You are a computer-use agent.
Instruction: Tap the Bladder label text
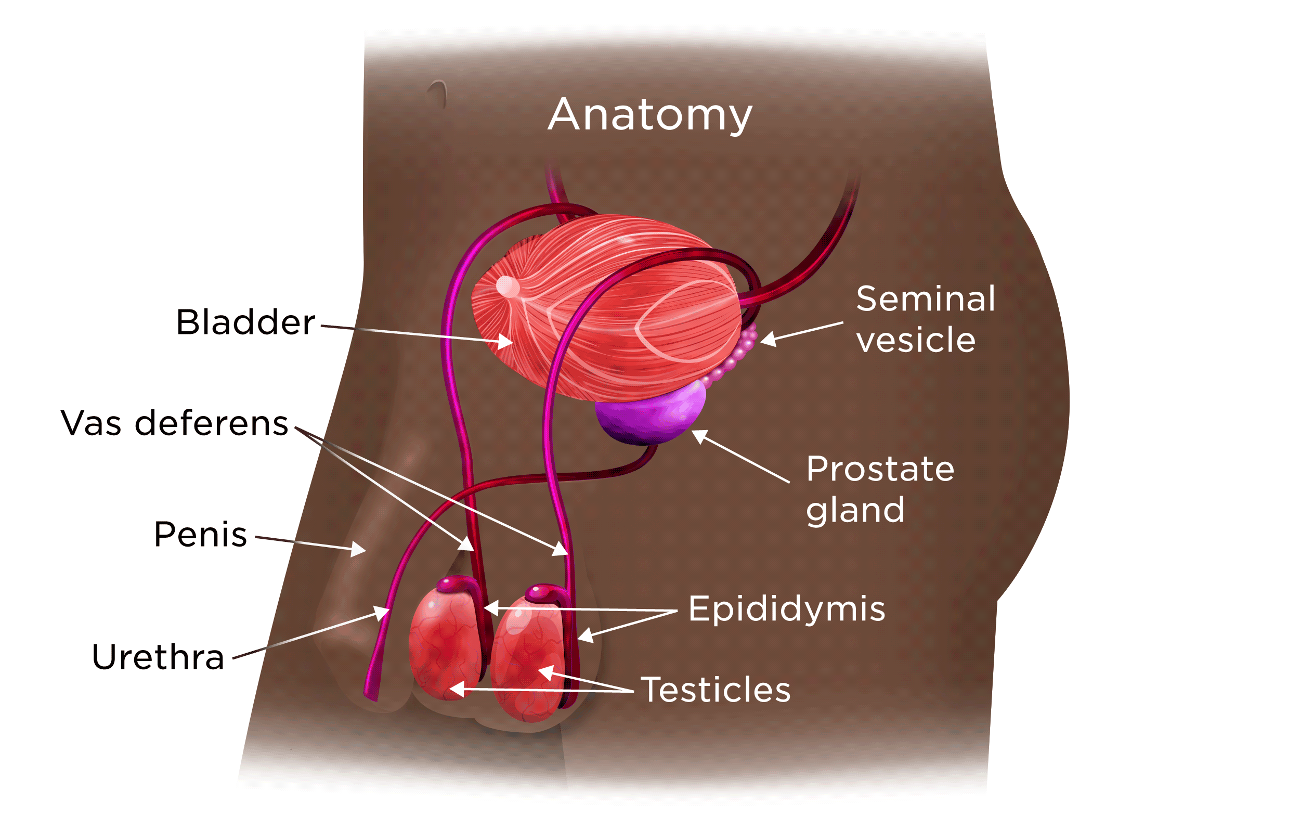[245, 322]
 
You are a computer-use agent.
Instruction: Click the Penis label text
[200, 535]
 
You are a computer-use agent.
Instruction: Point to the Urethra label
[158, 657]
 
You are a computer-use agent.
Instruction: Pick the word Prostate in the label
[880, 469]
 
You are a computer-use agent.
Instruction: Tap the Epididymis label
[787, 609]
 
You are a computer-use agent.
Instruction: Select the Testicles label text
[716, 690]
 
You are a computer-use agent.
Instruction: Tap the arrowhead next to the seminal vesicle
[768, 339]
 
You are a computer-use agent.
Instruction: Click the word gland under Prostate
[855, 510]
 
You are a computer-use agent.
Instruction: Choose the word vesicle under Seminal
[916, 340]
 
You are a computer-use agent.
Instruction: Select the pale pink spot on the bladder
[507, 286]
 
